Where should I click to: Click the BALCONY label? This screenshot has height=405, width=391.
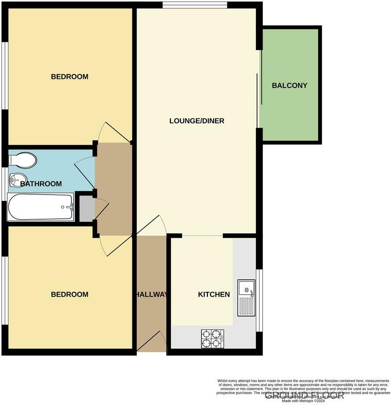(x=289, y=85)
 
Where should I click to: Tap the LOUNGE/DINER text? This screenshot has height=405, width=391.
(x=197, y=121)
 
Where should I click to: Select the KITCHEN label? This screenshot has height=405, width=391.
(x=214, y=295)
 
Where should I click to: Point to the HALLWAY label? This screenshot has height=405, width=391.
(x=151, y=295)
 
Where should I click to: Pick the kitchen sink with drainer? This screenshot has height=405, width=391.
(x=246, y=298)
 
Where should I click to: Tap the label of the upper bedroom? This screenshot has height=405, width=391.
(x=70, y=77)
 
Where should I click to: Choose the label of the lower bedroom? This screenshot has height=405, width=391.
(x=70, y=295)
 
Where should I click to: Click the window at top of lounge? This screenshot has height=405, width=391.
(x=195, y=5)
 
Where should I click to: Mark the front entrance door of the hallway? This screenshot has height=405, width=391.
(x=152, y=343)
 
